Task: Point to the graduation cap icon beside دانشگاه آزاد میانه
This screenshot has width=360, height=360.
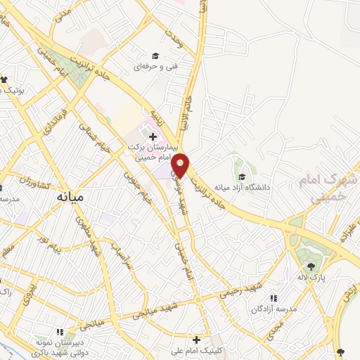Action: click(x=243, y=177)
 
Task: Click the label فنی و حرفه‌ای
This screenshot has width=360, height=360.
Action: click(x=155, y=67)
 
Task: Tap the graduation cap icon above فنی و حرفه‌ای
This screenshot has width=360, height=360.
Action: click(x=155, y=56)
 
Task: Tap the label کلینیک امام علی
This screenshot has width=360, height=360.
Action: click(x=198, y=349)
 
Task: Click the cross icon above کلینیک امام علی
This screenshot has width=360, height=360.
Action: click(x=197, y=339)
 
